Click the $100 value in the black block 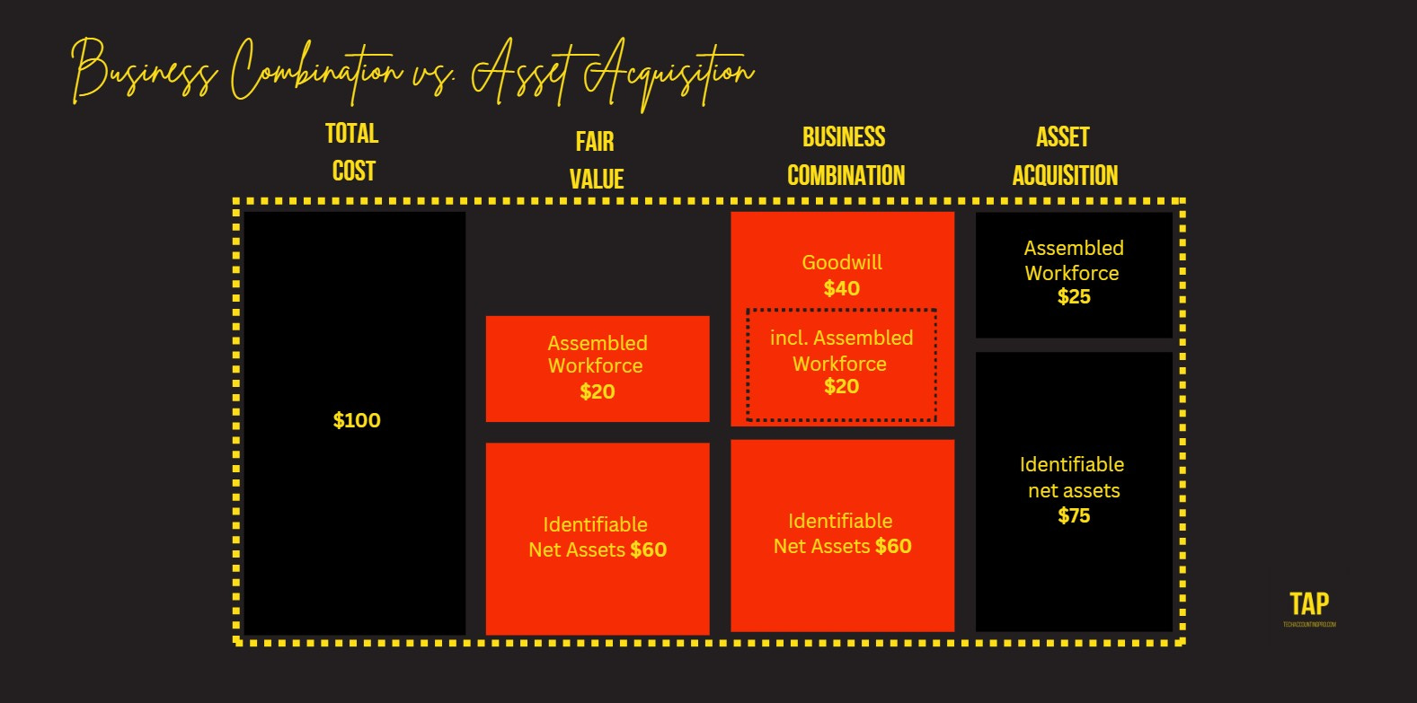(357, 420)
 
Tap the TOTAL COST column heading (352, 153)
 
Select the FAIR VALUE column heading (596, 160)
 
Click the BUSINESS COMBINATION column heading (845, 156)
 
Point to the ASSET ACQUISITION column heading (1065, 156)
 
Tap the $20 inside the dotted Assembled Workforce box (841, 387)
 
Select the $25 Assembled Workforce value (1074, 297)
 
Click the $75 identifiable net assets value (1074, 515)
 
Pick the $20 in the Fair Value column (597, 391)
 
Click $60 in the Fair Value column (648, 549)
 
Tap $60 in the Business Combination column (893, 546)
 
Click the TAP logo (1309, 604)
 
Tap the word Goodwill (842, 262)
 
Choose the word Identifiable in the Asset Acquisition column (1072, 464)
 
